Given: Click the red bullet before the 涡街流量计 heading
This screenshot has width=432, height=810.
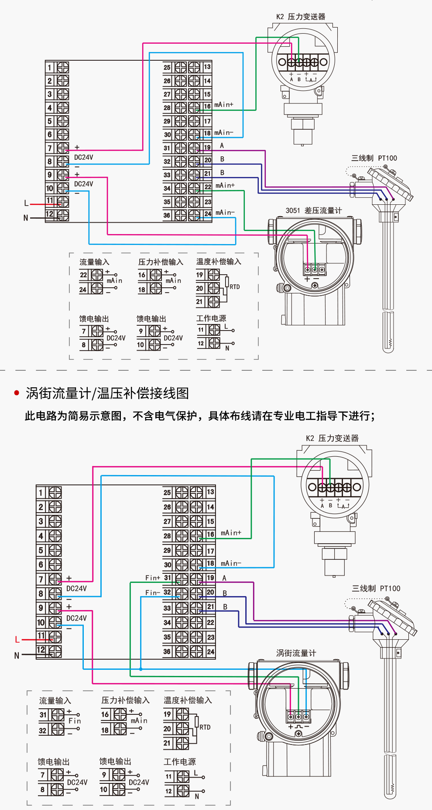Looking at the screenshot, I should (x=17, y=393).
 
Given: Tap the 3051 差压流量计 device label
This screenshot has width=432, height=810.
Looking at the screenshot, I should (x=313, y=210).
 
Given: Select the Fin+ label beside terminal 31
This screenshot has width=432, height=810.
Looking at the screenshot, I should (x=153, y=578).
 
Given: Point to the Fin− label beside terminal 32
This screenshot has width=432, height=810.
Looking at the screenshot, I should (x=153, y=593).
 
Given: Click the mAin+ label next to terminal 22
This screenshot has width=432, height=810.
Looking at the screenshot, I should (x=225, y=186).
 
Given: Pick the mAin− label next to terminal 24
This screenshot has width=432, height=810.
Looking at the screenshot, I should (x=225, y=213).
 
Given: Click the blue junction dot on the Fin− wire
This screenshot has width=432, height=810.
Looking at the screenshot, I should (x=141, y=669).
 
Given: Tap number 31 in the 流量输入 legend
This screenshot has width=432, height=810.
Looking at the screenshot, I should (x=43, y=715).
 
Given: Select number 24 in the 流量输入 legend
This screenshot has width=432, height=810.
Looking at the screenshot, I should (x=83, y=290).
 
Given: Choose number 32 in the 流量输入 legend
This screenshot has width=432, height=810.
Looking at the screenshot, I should (x=43, y=730).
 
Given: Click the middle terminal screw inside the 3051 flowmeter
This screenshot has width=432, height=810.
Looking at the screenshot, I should (x=315, y=270).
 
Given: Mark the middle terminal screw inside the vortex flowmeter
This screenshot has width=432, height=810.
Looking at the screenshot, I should (x=298, y=717).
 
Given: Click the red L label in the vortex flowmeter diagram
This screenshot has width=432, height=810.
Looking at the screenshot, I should (x=17, y=640).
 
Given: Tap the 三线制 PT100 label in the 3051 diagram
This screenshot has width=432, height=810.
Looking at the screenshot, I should (x=374, y=158).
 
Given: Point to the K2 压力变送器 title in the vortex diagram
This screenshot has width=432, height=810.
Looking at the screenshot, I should (x=332, y=438).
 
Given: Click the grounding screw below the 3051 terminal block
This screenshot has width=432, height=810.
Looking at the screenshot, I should (x=315, y=286).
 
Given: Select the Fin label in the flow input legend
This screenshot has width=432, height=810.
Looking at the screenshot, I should (x=75, y=721).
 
